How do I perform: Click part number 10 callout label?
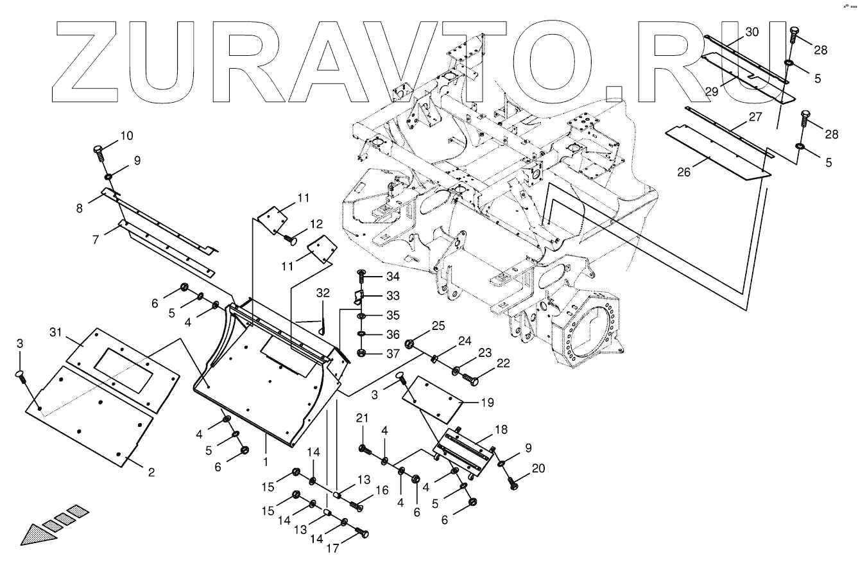[x=127, y=136]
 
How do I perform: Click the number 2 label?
[x=151, y=473]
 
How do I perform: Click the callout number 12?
[x=316, y=224]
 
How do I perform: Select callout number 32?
[x=323, y=293]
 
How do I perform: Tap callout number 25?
[x=438, y=327]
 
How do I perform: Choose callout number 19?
[x=488, y=403]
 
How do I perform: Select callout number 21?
[x=363, y=419]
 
